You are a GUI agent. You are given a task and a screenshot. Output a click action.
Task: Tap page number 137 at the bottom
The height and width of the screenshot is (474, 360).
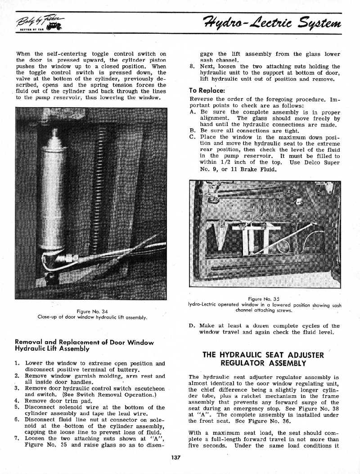175,457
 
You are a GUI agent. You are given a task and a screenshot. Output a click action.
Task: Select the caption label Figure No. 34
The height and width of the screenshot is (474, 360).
92,311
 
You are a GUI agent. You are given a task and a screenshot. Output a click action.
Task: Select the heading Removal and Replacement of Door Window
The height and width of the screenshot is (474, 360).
84,342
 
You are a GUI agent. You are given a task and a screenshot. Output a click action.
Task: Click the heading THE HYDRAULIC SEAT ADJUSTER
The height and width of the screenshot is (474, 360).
263,355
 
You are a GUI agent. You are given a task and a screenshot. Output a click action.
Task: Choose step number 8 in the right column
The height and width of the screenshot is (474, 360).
192,67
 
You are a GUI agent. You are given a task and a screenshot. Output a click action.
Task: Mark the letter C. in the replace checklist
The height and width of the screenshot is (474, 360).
193,137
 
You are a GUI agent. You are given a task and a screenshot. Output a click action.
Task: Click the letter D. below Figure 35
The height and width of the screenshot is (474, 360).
193,326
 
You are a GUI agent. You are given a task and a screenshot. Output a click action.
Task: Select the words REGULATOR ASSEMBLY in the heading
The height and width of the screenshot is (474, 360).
263,363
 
